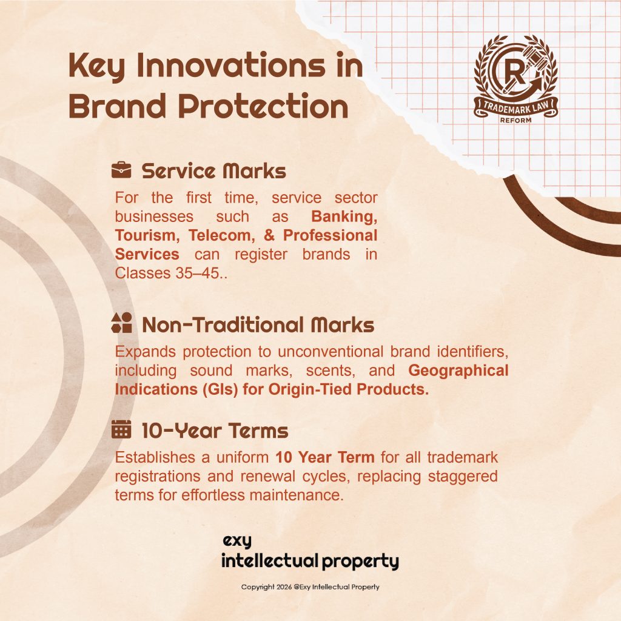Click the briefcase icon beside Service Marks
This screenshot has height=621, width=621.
(121, 170)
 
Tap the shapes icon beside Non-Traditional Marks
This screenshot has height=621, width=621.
(121, 323)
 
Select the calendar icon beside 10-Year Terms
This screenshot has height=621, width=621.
(121, 429)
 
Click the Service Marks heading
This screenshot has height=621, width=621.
(214, 171)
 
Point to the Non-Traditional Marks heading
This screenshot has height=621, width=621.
(258, 325)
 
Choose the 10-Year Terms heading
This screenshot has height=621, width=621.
(215, 431)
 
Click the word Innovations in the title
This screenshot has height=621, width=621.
(231, 65)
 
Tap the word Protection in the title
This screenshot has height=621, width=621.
(263, 106)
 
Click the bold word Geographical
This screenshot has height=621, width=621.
(458, 371)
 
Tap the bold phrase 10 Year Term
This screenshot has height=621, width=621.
(325, 457)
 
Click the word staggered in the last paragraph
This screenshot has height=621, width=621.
(463, 477)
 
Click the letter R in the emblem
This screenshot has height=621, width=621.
(514, 73)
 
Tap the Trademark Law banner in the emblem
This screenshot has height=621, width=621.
(516, 108)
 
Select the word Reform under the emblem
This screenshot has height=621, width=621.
(515, 120)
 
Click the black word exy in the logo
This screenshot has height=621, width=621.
(237, 541)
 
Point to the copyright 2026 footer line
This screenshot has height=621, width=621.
(310, 587)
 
